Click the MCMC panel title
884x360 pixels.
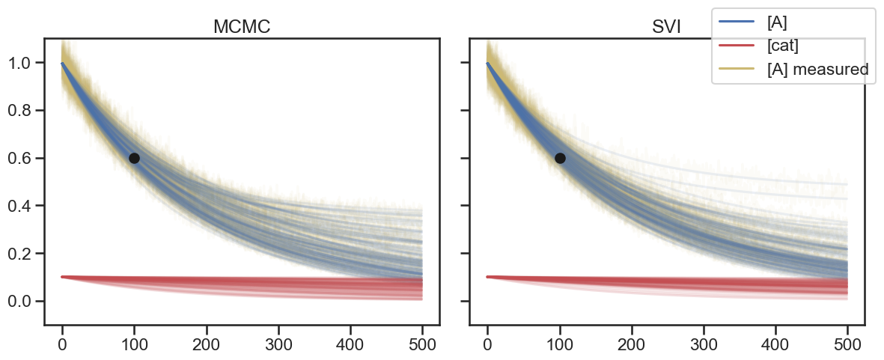tap(242, 27)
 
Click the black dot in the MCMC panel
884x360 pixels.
tap(134, 158)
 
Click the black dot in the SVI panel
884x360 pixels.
tap(560, 158)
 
